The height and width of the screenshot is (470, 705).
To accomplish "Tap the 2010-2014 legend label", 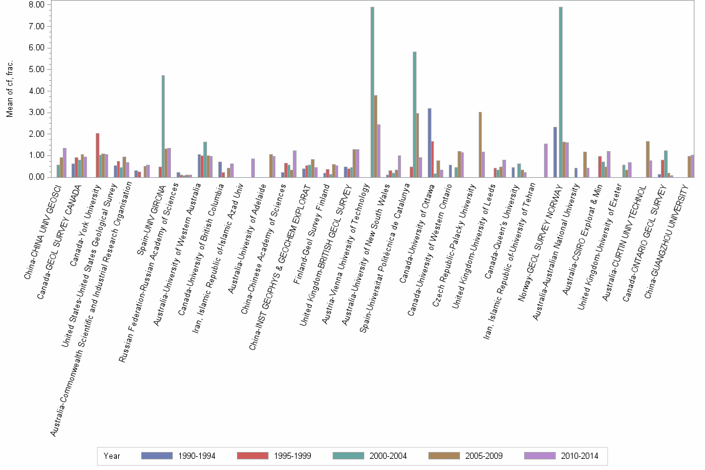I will tap(578, 456).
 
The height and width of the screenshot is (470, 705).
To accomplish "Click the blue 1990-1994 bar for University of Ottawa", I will tap(430, 142).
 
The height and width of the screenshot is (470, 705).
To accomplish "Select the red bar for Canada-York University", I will tap(98, 155).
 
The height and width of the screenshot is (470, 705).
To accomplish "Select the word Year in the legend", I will tap(112, 456).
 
